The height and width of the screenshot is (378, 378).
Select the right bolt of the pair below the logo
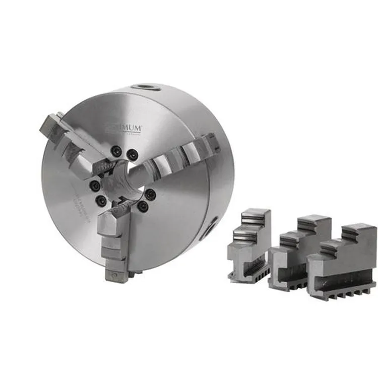pos(132,153)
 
